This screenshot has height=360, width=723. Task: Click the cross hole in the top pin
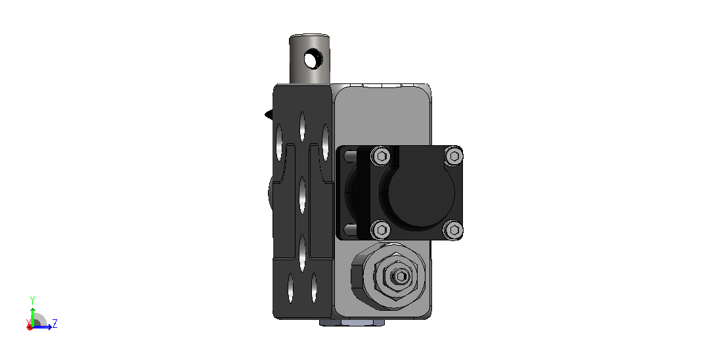click(313, 59)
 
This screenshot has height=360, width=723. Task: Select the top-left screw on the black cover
click(381, 156)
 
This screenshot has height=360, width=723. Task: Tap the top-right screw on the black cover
click(453, 156)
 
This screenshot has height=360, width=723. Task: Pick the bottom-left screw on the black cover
click(381, 229)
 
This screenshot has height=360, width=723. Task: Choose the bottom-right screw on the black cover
click(453, 229)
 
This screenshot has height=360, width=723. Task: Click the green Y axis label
click(32, 300)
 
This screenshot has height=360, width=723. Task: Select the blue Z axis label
click(55, 323)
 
